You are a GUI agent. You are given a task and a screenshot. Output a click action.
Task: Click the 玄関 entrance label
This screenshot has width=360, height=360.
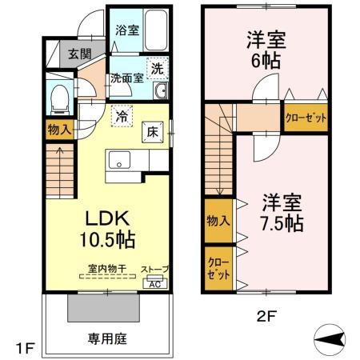click(x=78, y=54)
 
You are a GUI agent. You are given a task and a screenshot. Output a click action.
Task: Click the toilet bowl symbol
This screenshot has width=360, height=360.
click(x=58, y=100)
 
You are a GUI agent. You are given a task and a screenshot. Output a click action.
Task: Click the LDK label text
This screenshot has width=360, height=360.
click(x=106, y=216)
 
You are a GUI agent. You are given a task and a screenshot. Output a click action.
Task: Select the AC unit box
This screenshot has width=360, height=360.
click(x=156, y=280)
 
